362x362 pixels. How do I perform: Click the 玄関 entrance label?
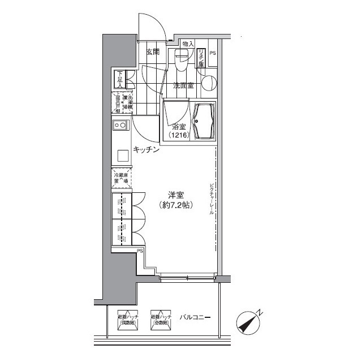pyautogui.click(x=152, y=52)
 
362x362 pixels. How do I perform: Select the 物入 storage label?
pyautogui.click(x=188, y=44)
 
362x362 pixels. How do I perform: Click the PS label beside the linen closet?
pyautogui.click(x=213, y=54)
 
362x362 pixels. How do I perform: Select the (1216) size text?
pyautogui.click(x=180, y=136)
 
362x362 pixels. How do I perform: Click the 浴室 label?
pyautogui.click(x=179, y=127)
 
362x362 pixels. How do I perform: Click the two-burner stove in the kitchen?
pyautogui.click(x=120, y=125)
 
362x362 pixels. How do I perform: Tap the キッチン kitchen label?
pyautogui.click(x=145, y=150)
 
